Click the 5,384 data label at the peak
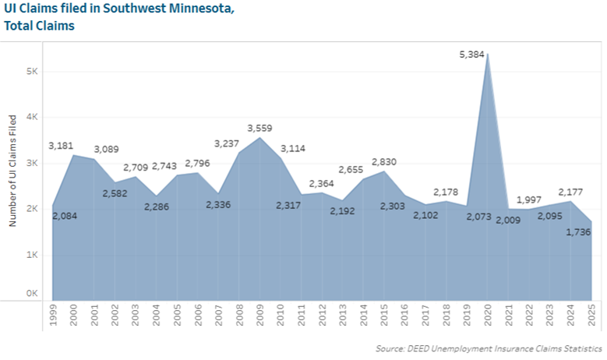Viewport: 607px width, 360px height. click(x=473, y=55)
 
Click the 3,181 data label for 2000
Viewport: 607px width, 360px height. click(x=62, y=146)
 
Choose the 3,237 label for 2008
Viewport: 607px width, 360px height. click(x=228, y=143)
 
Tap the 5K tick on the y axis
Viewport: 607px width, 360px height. click(x=31, y=71)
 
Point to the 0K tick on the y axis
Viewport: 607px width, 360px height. click(x=31, y=293)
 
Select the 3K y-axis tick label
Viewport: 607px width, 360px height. click(x=31, y=164)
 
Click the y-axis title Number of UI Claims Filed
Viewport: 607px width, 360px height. click(x=12, y=171)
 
